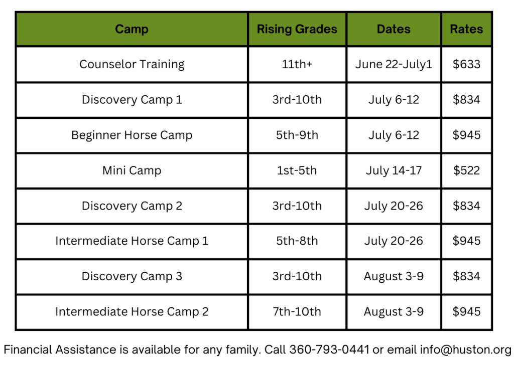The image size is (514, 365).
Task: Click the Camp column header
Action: (x=132, y=30)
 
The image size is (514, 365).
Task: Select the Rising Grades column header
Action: (x=297, y=30)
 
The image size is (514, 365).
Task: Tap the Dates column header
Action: (x=394, y=29)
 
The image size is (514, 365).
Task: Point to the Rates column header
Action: (x=466, y=29)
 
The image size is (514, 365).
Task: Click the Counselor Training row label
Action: (x=132, y=65)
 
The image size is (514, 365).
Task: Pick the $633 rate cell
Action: (x=466, y=64)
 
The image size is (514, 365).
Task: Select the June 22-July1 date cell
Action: (x=394, y=65)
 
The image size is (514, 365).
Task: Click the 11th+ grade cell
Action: (x=297, y=64)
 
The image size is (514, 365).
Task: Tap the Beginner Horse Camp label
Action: (x=132, y=135)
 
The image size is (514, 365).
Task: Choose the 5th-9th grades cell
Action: (x=297, y=135)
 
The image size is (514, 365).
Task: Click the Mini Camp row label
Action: (x=132, y=170)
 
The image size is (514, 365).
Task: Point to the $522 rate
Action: (x=466, y=170)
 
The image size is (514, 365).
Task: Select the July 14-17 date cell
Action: (x=394, y=170)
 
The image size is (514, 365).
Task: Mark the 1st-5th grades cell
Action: (x=297, y=170)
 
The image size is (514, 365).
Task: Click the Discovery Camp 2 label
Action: (x=132, y=206)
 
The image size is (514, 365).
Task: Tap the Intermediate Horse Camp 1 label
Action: (x=132, y=241)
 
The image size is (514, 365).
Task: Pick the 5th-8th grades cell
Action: (x=297, y=241)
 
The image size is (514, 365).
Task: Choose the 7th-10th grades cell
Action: (x=297, y=312)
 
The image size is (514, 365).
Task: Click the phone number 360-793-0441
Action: (x=329, y=349)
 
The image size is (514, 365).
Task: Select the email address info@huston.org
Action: (x=465, y=350)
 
